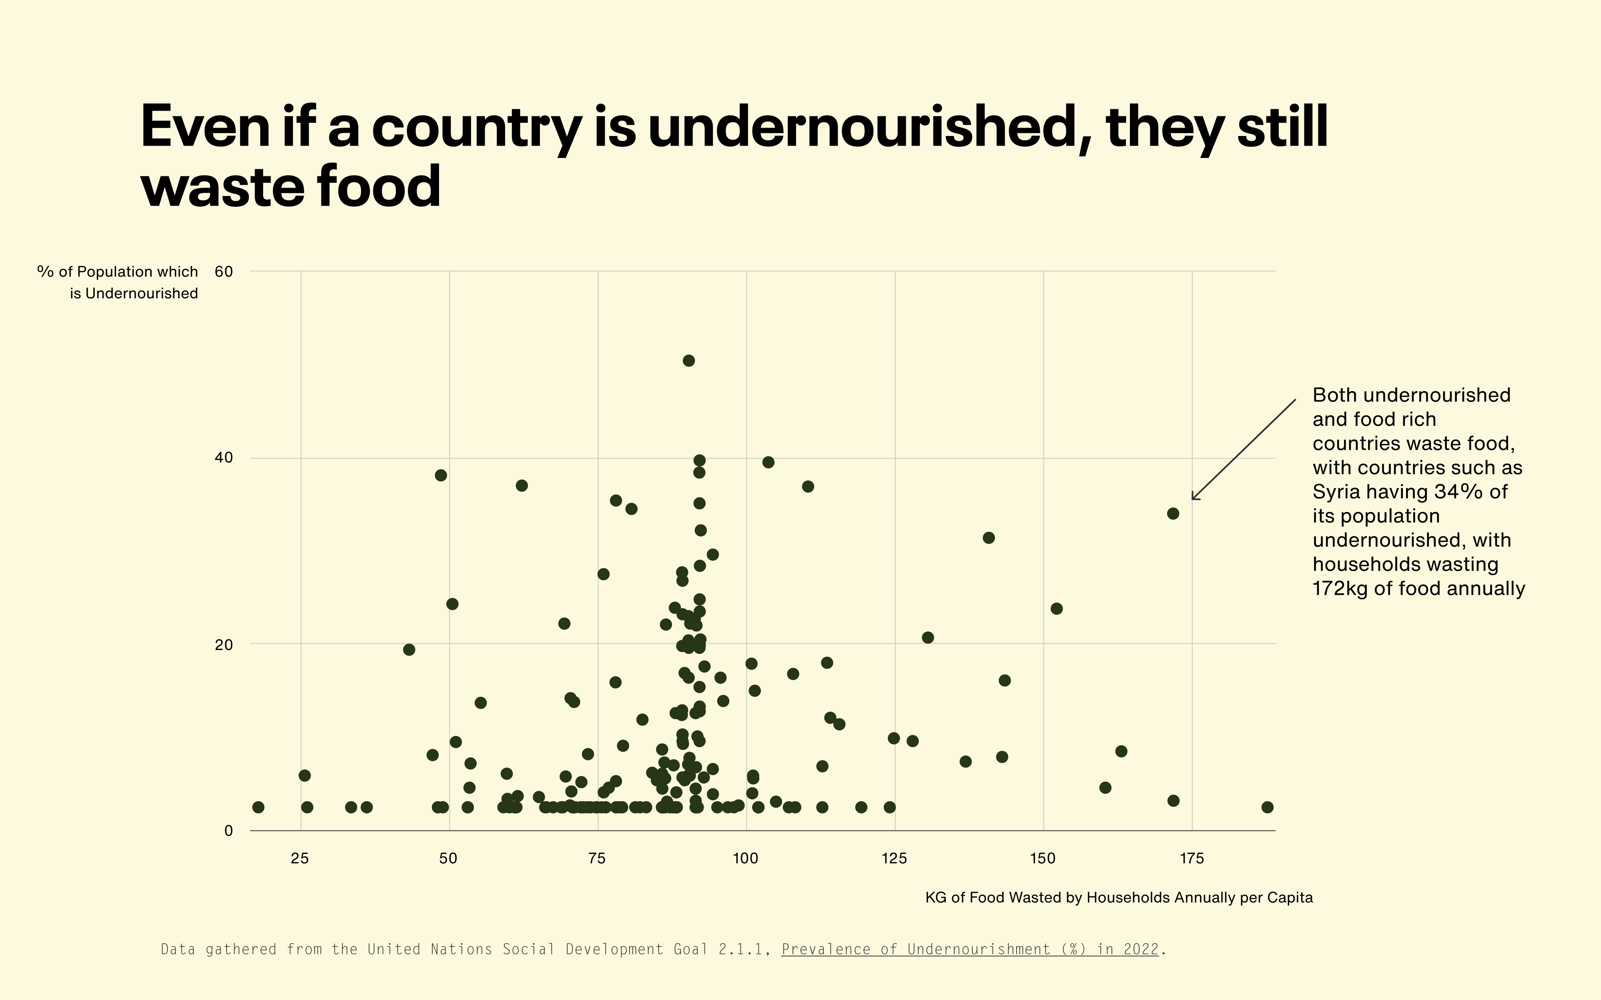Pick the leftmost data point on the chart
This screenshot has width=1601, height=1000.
pyautogui.click(x=259, y=807)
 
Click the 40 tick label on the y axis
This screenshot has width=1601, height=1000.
pyautogui.click(x=224, y=458)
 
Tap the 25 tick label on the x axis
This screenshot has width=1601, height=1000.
pyautogui.click(x=300, y=858)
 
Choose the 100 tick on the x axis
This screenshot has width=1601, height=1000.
pyautogui.click(x=746, y=858)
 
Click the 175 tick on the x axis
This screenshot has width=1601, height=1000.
pyautogui.click(x=1192, y=858)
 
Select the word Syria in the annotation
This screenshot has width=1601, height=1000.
pyautogui.click(x=1336, y=492)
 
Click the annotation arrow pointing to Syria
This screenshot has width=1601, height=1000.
pyautogui.click(x=1244, y=450)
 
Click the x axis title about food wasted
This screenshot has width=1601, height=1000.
pyautogui.click(x=1119, y=898)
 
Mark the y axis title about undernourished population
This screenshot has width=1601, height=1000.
pyautogui.click(x=118, y=282)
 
